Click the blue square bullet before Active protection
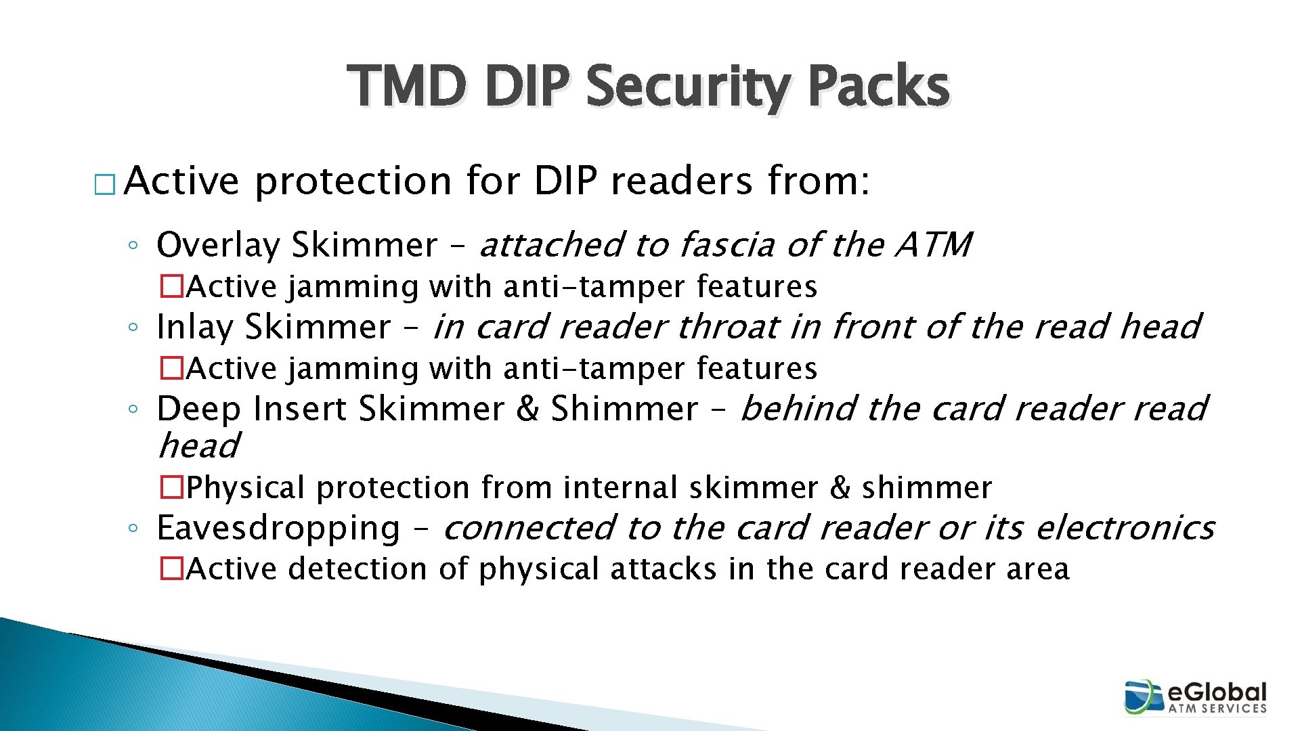pos(105,185)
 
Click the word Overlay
pos(217,245)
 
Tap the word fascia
pos(727,245)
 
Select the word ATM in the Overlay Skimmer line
pos(934,245)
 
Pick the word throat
pos(727,327)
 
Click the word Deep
pos(198,409)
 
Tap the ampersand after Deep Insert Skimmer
pos(527,409)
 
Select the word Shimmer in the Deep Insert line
pos(624,409)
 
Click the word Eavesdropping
pos(278,529)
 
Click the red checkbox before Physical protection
pos(172,487)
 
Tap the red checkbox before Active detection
pos(172,569)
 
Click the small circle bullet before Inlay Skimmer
pos(133,328)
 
